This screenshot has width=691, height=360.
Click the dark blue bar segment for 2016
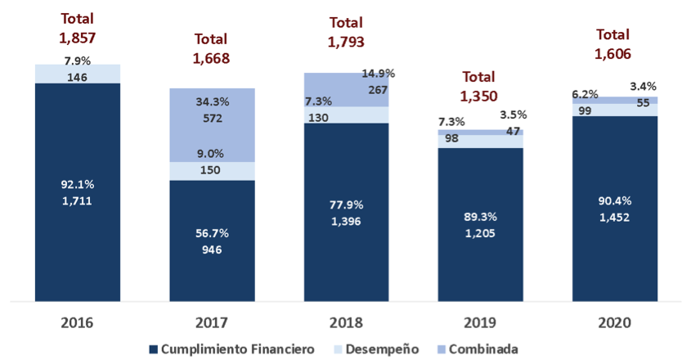click(78, 245)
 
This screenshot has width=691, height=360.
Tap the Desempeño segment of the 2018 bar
click(346, 116)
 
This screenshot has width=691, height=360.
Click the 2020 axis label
click(614, 322)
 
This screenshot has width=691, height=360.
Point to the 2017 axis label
click(212, 322)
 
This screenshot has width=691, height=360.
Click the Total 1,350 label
click(480, 86)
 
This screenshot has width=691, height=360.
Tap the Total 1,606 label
click(613, 45)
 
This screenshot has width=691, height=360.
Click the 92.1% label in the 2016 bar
click(78, 184)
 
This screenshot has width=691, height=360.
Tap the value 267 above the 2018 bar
click(377, 90)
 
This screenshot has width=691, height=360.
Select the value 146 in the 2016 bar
click(78, 74)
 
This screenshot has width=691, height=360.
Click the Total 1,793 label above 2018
click(346, 32)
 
